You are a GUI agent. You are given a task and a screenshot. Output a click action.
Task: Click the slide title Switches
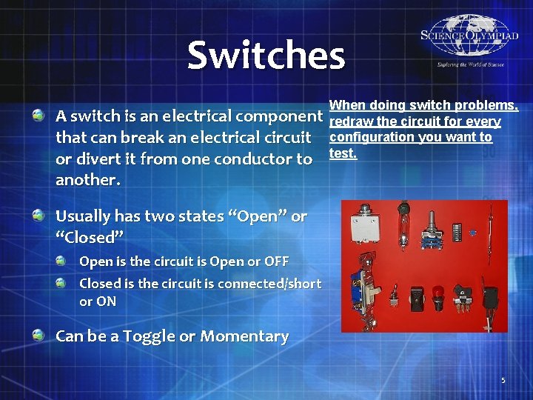click(x=266, y=56)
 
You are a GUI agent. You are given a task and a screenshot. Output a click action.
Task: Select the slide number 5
click(x=503, y=381)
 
